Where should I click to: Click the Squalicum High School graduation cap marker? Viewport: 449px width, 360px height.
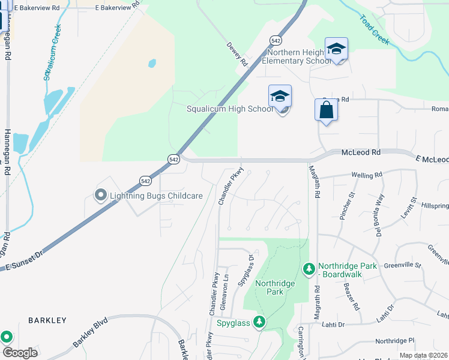click(280, 97)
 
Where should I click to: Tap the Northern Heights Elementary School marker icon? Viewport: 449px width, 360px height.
click(336, 49)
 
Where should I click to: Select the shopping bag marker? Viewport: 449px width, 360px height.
click(326, 110)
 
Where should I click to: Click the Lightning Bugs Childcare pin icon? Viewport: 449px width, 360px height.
click(101, 195)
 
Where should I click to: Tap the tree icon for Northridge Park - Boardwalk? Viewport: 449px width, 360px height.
click(309, 269)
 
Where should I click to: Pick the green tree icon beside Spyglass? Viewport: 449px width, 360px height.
click(259, 323)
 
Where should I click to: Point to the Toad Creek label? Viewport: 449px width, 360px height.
click(375, 29)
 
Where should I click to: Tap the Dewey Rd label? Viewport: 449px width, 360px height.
click(238, 53)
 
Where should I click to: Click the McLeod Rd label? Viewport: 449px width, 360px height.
click(361, 153)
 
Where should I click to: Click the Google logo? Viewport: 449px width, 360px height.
click(20, 352)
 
